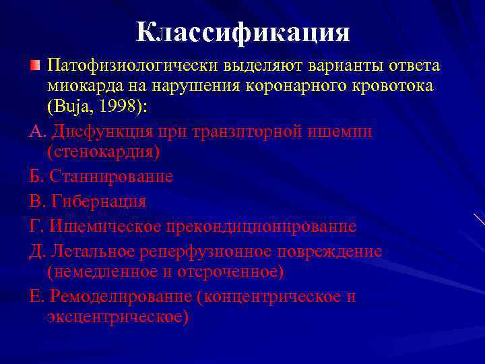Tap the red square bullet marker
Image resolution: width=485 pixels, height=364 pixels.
[36, 66]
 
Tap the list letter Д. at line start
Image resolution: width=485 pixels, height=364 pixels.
[37, 251]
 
